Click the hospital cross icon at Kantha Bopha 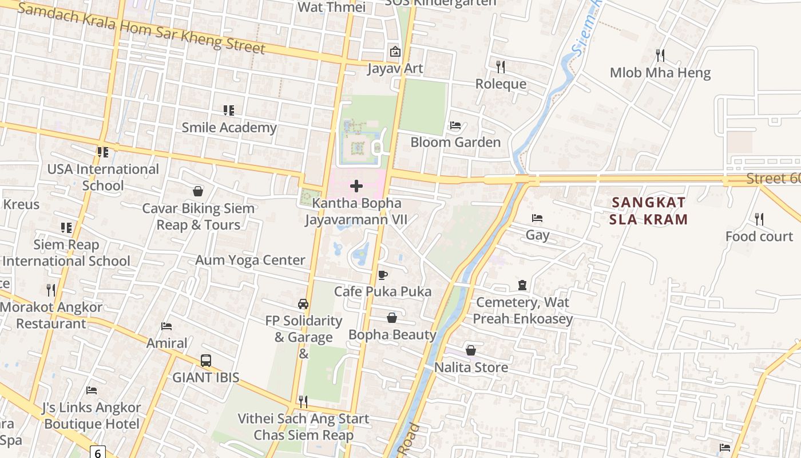pyautogui.click(x=356, y=185)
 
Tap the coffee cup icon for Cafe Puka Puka pyautogui.click(x=383, y=275)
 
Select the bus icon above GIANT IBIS pyautogui.click(x=206, y=361)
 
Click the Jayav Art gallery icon pyautogui.click(x=395, y=52)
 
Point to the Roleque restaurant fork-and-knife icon pyautogui.click(x=501, y=67)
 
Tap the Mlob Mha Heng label pyautogui.click(x=660, y=73)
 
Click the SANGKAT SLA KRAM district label pyautogui.click(x=648, y=210)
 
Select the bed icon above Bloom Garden pyautogui.click(x=455, y=125)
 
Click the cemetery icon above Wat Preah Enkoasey pyautogui.click(x=522, y=285)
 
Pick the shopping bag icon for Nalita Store pyautogui.click(x=471, y=350)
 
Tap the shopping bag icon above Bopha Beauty pyautogui.click(x=392, y=317)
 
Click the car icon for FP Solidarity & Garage pyautogui.click(x=303, y=304)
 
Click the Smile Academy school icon pyautogui.click(x=229, y=110)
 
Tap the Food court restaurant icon pyautogui.click(x=759, y=219)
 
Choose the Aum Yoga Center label pyautogui.click(x=250, y=260)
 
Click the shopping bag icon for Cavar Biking pyautogui.click(x=198, y=191)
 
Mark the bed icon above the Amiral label pyautogui.click(x=166, y=326)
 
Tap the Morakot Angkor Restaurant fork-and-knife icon pyautogui.click(x=51, y=290)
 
